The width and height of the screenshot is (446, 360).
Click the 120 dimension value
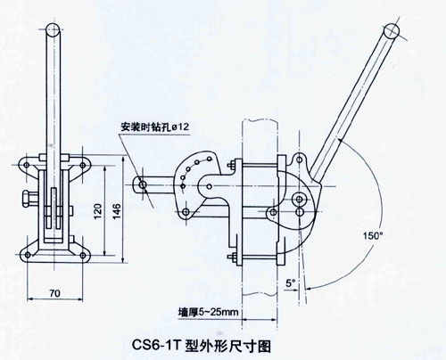pos(97,211)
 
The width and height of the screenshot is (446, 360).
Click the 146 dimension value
pos(117,211)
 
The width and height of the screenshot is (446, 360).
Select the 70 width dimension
pos(54,293)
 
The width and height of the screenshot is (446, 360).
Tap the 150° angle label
pos(373,236)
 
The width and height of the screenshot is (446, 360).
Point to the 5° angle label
pos(290,283)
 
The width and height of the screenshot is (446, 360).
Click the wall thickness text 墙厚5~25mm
pos(208,312)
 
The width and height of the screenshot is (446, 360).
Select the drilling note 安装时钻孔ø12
pos(154,127)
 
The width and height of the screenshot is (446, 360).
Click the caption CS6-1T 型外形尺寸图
pos(201,346)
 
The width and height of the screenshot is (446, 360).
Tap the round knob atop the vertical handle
pos(54,29)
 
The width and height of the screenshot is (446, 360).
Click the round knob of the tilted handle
pos(392,31)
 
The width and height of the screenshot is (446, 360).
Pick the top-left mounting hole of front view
pos(27,165)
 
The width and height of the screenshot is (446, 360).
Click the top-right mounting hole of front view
pos(82,165)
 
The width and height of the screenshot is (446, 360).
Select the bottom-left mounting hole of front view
pos(28,255)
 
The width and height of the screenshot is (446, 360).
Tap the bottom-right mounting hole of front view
pos(83,255)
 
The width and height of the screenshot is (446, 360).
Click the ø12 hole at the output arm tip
pos(143,184)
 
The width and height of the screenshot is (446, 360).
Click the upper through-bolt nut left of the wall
pos(232,165)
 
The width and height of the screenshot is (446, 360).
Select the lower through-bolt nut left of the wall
pos(232,257)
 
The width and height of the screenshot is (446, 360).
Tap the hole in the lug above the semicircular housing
pos(300,160)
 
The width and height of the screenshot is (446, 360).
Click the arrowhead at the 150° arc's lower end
pos(310,288)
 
